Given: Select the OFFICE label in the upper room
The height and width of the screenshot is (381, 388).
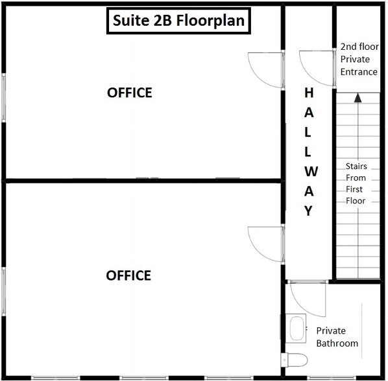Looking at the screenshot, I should coord(129,93).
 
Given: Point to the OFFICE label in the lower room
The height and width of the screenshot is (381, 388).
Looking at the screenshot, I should coord(128,275).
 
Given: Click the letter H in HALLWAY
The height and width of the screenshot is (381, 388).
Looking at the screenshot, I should coord(309,93).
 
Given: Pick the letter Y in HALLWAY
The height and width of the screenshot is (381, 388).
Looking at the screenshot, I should coord(309,211).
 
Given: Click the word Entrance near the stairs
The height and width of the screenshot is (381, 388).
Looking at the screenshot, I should coord(359,71).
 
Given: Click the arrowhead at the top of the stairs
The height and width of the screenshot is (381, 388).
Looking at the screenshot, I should coord(356,98).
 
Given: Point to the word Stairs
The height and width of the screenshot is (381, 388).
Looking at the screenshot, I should coord(356,166).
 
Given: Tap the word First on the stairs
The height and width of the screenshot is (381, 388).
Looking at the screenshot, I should coord(356,189).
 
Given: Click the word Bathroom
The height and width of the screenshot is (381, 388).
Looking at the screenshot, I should coord(337,343).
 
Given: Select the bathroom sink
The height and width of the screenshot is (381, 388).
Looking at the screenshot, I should coord(297,327).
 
